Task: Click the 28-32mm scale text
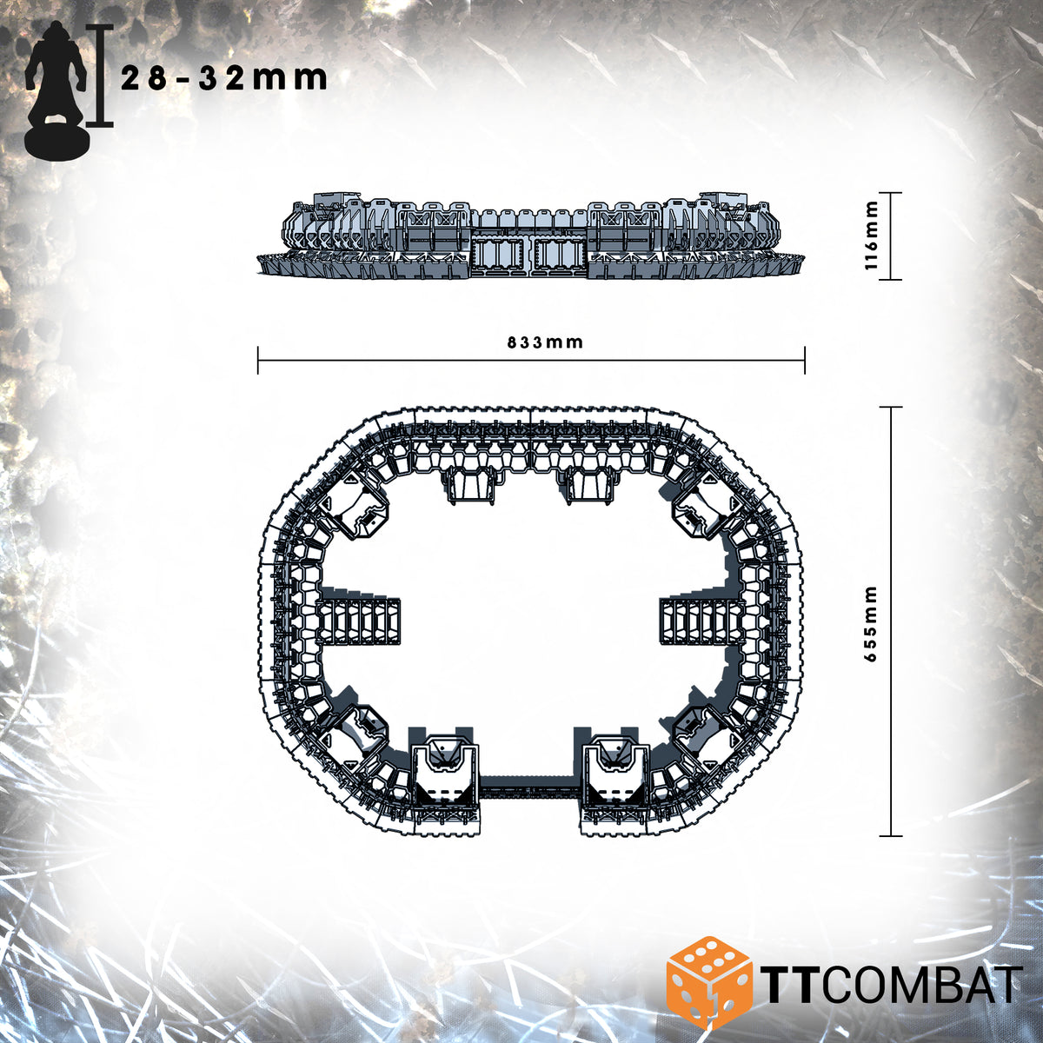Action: pyautogui.click(x=224, y=79)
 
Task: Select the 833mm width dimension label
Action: pyautogui.click(x=545, y=342)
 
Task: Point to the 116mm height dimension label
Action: pyautogui.click(x=872, y=236)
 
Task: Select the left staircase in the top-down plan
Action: pyautogui.click(x=358, y=622)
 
